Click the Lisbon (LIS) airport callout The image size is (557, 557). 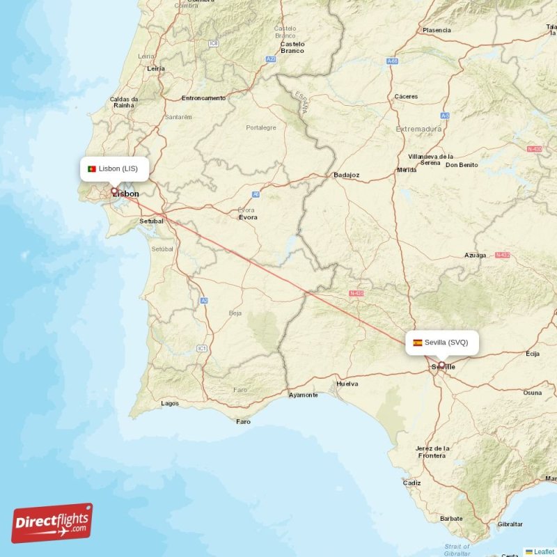click(114, 168)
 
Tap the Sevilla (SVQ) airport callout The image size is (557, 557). click(442, 342)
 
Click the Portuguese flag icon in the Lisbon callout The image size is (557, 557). click(91, 168)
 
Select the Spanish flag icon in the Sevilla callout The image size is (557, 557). click(418, 343)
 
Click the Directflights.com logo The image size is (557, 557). click(52, 523)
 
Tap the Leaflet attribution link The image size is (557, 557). click(544, 551)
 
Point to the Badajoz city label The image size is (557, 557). click(346, 175)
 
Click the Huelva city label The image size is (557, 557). click(347, 384)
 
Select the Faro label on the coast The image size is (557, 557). click(243, 421)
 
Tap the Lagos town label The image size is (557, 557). click(169, 403)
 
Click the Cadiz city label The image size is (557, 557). click(411, 483)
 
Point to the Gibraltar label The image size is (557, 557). click(510, 524)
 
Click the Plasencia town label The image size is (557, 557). click(437, 31)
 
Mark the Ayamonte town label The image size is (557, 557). click(303, 395)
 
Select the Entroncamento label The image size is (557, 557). click(203, 98)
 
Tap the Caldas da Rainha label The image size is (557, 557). click(124, 102)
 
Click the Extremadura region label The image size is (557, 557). click(418, 129)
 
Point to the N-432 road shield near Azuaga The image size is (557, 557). click(502, 256)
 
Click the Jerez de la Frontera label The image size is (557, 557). click(432, 452)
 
